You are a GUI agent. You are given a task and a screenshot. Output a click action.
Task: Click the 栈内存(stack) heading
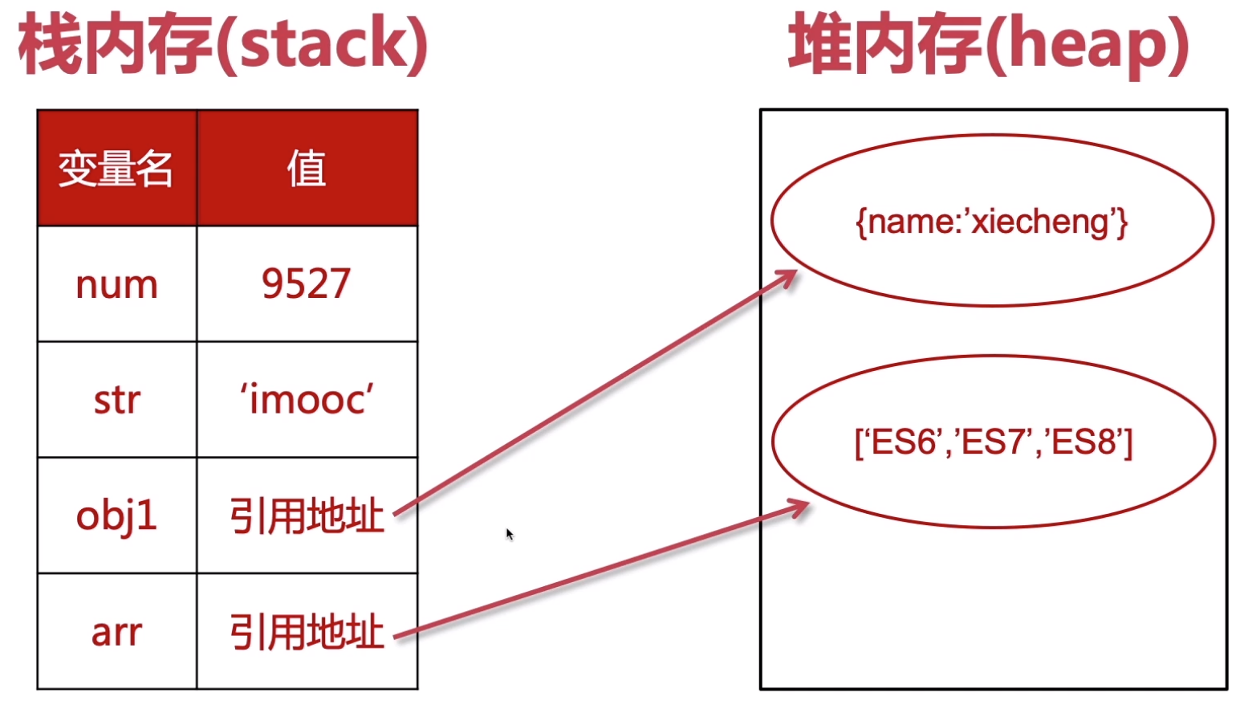click(223, 45)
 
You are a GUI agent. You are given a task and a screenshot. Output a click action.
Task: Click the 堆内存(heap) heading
click(988, 45)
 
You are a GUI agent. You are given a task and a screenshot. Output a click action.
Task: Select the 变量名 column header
click(116, 169)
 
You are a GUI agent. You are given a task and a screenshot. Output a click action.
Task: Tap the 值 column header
click(307, 169)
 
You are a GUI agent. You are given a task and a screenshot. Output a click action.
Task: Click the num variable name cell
click(116, 284)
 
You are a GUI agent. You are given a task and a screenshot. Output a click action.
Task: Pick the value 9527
click(307, 284)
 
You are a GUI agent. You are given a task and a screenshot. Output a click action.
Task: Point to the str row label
click(116, 400)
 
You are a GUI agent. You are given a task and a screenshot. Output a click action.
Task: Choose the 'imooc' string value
click(307, 400)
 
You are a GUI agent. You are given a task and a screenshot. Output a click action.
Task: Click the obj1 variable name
click(116, 516)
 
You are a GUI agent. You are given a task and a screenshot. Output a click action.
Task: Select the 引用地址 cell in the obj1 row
click(307, 516)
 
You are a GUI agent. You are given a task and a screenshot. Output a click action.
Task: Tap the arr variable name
click(116, 632)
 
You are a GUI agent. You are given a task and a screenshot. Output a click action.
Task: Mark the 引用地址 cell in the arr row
click(307, 632)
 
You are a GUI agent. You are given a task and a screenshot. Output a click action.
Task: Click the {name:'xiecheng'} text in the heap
click(992, 222)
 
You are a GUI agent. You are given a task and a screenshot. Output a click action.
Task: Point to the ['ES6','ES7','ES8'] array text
click(994, 442)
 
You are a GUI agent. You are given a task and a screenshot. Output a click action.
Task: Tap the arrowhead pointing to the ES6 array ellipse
click(801, 507)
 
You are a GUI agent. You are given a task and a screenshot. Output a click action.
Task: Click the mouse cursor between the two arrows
click(509, 534)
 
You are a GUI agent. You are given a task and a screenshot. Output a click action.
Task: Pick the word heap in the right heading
click(1087, 45)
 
